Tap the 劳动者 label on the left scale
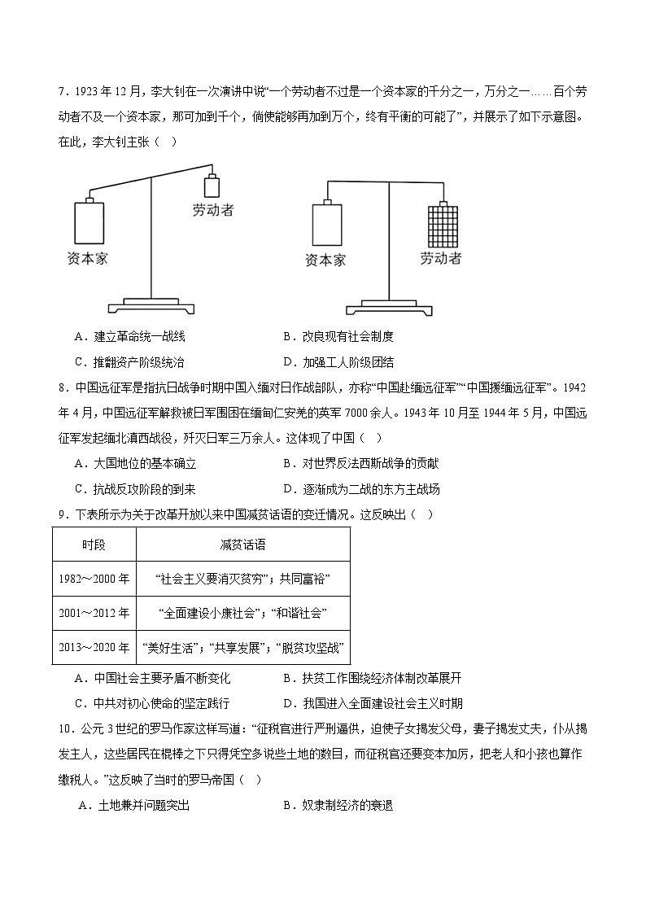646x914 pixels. pos(213,210)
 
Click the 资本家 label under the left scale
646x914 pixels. pos(88,259)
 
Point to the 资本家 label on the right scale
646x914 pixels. pos(325,260)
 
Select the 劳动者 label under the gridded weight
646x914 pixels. pos(441,259)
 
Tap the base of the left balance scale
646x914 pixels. pos(152,306)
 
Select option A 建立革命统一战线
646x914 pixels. pos(130,336)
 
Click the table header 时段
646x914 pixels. pos(94,544)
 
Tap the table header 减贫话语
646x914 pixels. pos(242,544)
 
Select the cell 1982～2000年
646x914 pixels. pos(94,579)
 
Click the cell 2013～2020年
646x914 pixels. pos(94,648)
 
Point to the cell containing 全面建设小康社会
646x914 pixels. pos(242,613)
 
